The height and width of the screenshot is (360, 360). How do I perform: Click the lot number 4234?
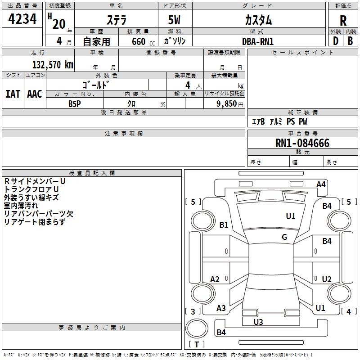pos(22,19)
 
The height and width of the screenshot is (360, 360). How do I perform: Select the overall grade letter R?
pos(343,21)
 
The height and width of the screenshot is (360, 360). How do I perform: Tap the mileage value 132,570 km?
pos(53,65)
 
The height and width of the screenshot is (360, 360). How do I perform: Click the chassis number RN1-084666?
pos(302,143)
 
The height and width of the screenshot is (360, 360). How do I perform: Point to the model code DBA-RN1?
pos(258,41)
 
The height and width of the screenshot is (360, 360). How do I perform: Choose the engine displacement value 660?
pos(139,41)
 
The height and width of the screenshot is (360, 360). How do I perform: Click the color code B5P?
pos(75,104)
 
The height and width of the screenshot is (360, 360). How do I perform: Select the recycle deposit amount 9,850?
pos(226,104)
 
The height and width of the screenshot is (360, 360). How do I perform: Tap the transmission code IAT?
pos(13,94)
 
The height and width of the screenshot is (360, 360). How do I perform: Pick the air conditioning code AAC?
pos(35,94)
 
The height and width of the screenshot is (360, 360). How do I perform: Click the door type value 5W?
pos(174,20)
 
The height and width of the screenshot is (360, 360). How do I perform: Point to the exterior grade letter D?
pos(336,41)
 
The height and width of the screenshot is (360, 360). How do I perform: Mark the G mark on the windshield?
pos(284,237)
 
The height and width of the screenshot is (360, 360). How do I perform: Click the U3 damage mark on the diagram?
pos(258,322)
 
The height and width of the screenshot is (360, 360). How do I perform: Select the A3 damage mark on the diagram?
pos(221,308)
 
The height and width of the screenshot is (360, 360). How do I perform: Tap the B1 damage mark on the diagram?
pos(224,225)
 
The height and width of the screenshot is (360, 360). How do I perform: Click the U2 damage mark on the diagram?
pos(327,279)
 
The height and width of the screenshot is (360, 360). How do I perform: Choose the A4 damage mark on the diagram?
pos(321,184)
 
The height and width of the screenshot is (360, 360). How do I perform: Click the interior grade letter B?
pos(350,41)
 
